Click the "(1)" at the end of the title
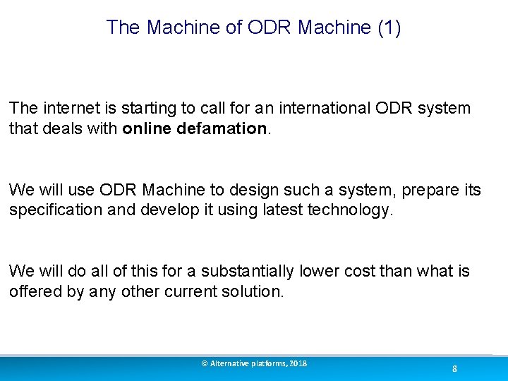389,28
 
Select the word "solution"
254,292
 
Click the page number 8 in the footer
454,369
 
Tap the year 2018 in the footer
298,363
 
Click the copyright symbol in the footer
205,363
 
